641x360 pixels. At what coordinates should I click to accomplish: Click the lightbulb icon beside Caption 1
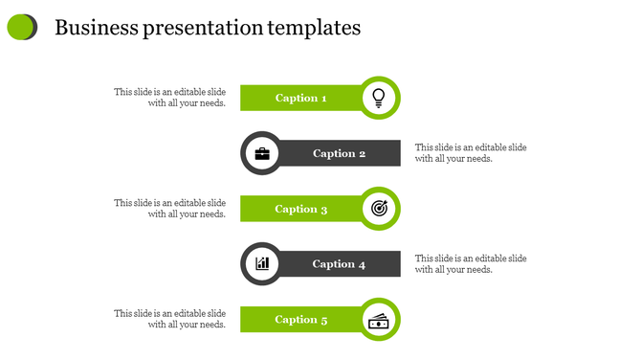(379, 97)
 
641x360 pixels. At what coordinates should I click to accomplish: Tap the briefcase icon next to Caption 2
(261, 153)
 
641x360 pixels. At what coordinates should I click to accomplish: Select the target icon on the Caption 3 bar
(379, 208)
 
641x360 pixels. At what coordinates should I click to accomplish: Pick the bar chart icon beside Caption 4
(261, 263)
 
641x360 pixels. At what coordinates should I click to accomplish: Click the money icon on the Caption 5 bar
(379, 320)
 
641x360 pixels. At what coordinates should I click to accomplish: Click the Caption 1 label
(301, 98)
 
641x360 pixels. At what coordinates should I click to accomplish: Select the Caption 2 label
(339, 153)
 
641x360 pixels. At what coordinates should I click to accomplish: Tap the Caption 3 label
(301, 209)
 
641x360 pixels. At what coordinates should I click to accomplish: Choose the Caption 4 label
(339, 264)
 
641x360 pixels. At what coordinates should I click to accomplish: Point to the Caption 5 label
(301, 320)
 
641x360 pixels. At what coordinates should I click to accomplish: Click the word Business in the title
(97, 28)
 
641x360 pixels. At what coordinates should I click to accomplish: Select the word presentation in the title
(203, 29)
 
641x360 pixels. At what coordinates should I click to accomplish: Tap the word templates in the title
(314, 29)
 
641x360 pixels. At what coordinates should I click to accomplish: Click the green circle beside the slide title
(21, 28)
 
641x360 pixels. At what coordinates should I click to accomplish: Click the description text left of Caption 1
(170, 98)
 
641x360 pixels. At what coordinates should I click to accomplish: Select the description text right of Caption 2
(471, 153)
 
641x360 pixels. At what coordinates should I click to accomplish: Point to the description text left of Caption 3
(170, 209)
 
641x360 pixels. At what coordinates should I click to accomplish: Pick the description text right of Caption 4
(471, 264)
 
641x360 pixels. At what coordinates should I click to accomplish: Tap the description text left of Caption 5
(170, 319)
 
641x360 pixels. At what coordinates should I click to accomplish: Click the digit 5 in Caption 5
(324, 320)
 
